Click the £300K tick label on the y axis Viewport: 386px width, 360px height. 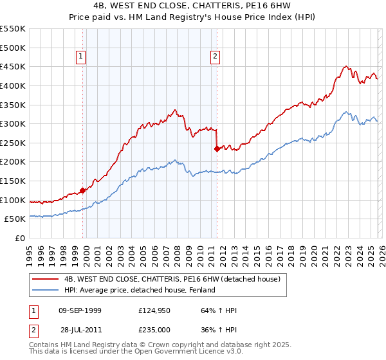pyautogui.click(x=13, y=123)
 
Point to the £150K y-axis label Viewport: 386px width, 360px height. pyautogui.click(x=13, y=181)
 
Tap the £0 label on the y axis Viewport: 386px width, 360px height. pyautogui.click(x=21, y=238)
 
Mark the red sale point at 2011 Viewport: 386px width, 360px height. pyautogui.click(x=217, y=148)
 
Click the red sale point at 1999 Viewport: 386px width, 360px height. pyautogui.click(x=82, y=190)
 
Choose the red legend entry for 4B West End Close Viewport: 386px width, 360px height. pyautogui.click(x=172, y=279)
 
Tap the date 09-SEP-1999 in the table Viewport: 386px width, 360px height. pyautogui.click(x=79, y=310)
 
